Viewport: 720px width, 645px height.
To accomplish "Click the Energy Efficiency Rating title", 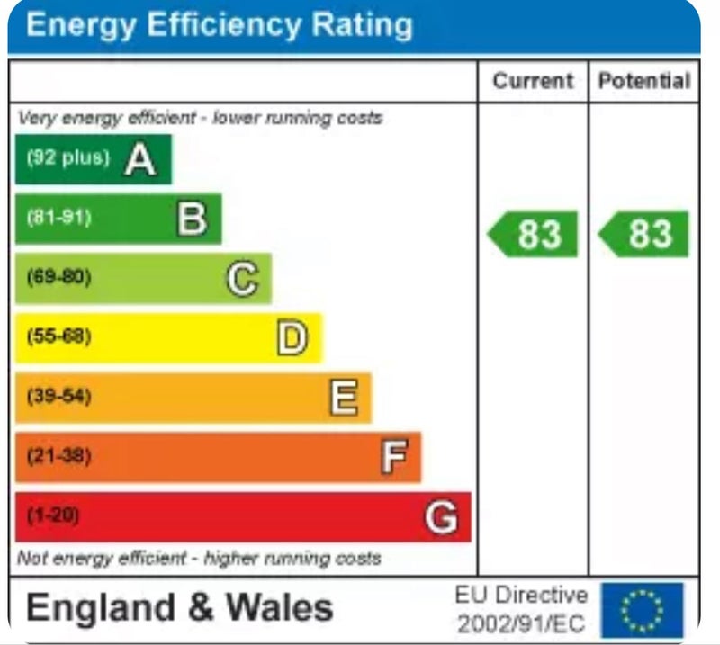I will coord(220,25).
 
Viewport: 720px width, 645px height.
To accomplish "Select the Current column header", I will coord(533,81).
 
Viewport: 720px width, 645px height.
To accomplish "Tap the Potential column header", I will coord(644,81).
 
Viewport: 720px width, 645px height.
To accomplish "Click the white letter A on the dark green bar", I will coord(139,160).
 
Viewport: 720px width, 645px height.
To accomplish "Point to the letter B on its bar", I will coord(192,219).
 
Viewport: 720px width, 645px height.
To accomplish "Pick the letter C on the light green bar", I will coord(242,279).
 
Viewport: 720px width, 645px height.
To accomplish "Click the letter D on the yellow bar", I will coord(292,338).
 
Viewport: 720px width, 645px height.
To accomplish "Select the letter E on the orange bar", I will coord(343,398).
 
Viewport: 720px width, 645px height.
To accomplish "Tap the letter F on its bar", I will coord(393,457).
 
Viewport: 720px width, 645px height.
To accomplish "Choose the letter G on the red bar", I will coord(442,517).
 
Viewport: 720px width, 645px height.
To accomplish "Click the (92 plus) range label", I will coord(67,158).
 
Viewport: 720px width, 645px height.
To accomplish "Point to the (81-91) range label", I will coord(59,218).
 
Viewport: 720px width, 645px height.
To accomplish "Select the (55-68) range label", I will coord(59,336).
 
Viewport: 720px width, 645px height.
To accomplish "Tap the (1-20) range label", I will coord(53,515).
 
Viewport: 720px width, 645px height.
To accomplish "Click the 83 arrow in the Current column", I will coord(534,234).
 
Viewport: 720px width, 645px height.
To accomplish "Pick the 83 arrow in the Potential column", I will coord(644,234).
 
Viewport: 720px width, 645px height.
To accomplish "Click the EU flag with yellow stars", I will coord(643,609).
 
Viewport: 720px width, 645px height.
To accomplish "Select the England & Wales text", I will coord(180,608).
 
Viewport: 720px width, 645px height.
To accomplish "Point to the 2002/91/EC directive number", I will coord(521,623).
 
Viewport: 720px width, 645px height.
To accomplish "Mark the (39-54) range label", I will coord(59,396).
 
